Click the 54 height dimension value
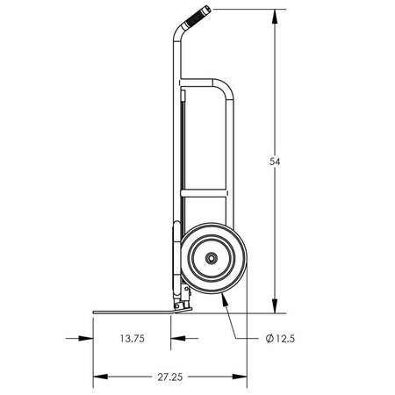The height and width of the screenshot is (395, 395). point(275,162)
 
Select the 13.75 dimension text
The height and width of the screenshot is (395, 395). point(133,339)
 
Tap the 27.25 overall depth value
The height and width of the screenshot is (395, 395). point(170,377)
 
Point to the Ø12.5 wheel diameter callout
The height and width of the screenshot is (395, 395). point(280,339)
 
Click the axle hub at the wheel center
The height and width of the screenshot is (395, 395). point(211,258)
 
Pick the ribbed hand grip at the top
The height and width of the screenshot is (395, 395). point(197,17)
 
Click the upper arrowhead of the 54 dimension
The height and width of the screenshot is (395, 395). point(275,17)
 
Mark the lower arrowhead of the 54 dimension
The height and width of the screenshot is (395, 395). point(275,306)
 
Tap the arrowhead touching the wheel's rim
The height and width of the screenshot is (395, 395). point(225,299)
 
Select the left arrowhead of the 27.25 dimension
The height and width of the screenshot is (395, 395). point(100,377)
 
